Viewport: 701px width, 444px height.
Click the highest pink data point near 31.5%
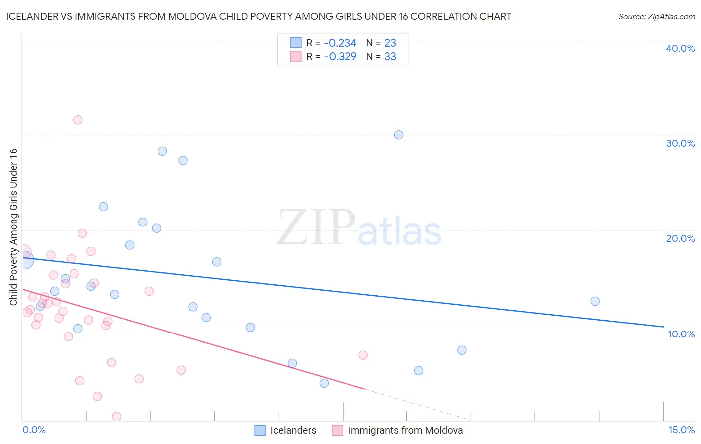coord(78,120)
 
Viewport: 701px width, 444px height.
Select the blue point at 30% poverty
coord(399,135)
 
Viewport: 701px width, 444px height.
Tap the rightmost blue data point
coord(595,301)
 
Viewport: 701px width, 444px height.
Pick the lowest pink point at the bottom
coord(117,416)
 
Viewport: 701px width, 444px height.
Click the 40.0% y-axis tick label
coord(680,48)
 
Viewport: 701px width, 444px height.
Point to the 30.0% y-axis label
coord(680,143)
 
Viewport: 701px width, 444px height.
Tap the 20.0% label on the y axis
coord(680,238)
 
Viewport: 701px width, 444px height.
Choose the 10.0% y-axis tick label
coord(681,334)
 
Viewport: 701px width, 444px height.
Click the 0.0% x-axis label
coord(34,430)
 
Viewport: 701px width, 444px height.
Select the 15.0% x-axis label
coord(681,430)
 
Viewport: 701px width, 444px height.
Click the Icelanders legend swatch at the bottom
coord(260,430)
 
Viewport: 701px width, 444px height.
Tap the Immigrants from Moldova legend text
coord(405,430)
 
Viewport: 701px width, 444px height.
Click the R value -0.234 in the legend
coord(340,43)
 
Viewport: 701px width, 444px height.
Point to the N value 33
coord(390,57)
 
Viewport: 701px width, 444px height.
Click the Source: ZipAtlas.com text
coord(656,17)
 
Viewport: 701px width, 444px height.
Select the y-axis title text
coord(14,227)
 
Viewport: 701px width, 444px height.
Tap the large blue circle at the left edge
coord(23,260)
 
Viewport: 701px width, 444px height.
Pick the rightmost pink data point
coord(363,355)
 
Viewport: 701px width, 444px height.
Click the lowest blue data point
coord(324,383)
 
